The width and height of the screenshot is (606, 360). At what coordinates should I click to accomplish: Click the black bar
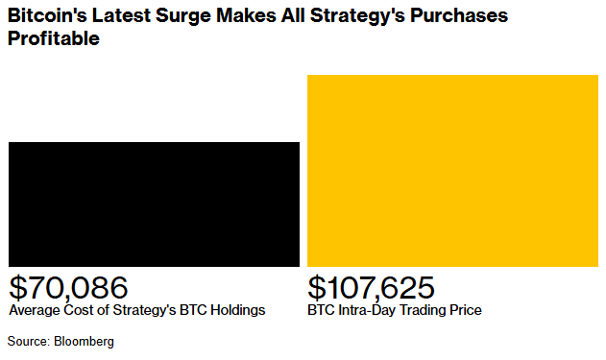[x=154, y=204]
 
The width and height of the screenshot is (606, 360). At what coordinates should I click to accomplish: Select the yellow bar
[x=451, y=170]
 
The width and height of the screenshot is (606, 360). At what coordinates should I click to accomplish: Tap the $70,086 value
[x=68, y=287]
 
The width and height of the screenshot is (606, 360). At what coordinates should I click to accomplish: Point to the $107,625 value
[x=371, y=287]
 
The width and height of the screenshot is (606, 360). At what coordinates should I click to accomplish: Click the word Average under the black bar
[x=32, y=311]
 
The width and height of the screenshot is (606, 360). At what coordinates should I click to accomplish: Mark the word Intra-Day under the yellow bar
[x=366, y=311]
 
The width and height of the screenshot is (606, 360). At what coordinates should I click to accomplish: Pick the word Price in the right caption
[x=466, y=311]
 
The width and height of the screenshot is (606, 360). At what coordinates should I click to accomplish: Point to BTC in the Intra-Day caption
[x=322, y=311]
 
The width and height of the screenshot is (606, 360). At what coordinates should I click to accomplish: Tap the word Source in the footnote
[x=28, y=341]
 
